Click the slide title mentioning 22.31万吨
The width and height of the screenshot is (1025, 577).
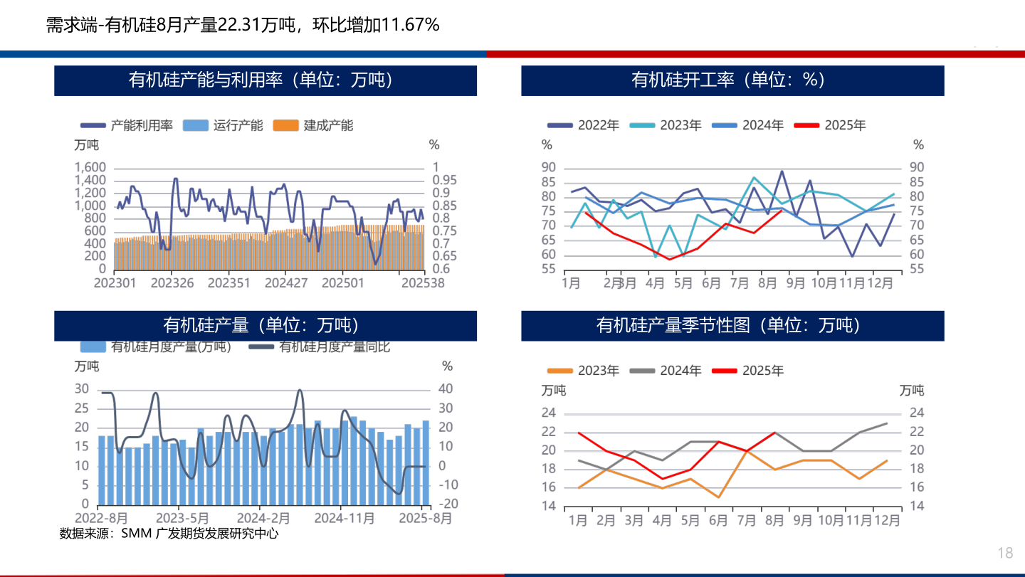pos(243,25)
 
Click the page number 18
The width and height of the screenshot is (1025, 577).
pos(1005,554)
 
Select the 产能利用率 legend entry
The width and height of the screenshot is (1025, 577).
pos(127,125)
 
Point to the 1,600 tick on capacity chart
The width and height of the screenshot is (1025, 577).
pos(90,167)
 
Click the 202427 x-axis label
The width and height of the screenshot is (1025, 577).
pos(286,283)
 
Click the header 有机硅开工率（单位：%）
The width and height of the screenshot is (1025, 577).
pos(732,80)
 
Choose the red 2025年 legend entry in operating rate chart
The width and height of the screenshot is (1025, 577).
pos(830,125)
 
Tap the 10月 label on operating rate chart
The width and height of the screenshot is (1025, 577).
pos(824,283)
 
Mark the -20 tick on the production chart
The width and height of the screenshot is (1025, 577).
pos(449,504)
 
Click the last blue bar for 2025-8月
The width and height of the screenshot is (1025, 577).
pos(426,462)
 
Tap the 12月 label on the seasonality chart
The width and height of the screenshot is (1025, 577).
pos(885,520)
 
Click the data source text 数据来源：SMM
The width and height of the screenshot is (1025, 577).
pos(169,533)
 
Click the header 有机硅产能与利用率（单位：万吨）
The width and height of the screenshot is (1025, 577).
pos(265,80)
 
